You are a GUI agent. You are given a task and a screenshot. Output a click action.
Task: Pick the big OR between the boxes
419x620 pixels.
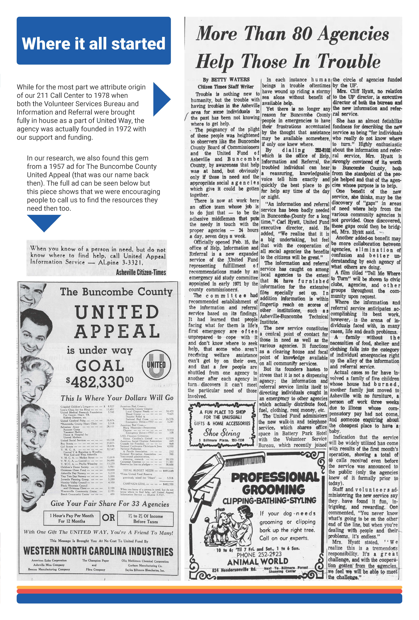click(x=108, y=518)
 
